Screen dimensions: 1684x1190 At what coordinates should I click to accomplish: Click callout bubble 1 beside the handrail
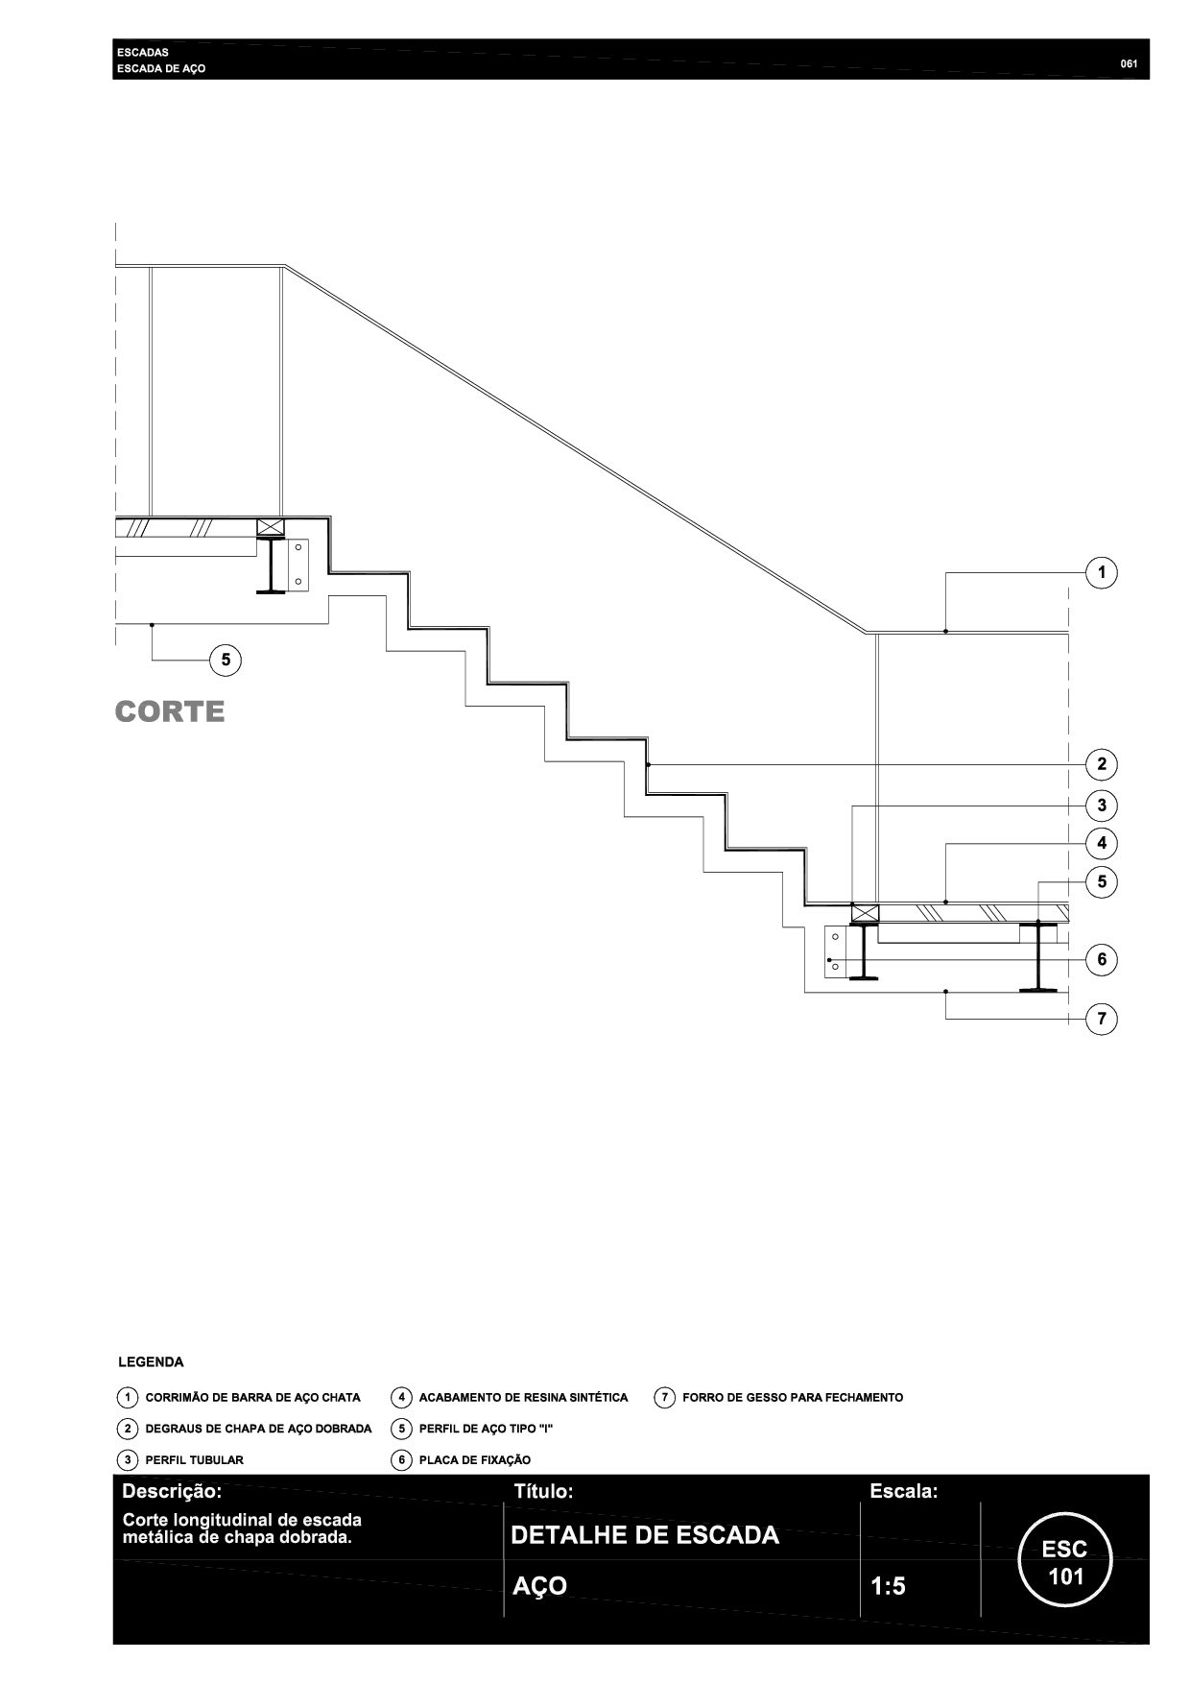coord(1101,573)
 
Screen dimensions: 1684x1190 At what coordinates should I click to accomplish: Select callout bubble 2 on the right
coord(1101,764)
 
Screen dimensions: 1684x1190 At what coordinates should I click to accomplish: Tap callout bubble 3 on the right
coord(1101,806)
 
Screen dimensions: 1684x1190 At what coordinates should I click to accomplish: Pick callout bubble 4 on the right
coord(1101,843)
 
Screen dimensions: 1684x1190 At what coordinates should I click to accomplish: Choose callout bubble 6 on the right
coord(1101,959)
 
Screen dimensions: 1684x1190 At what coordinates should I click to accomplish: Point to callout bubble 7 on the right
coord(1101,1019)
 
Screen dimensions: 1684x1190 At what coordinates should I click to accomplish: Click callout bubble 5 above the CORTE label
coord(226,660)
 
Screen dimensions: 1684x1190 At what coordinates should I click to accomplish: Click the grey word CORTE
coord(170,711)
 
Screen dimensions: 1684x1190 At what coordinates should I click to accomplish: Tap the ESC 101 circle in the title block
coord(1065,1561)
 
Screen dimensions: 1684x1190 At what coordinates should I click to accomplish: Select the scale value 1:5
coord(888,1586)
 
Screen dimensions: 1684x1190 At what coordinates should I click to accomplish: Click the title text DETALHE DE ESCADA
coord(645,1535)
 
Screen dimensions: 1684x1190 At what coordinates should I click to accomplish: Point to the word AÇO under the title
coord(539,1586)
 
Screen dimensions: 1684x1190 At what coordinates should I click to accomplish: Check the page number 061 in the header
coord(1129,64)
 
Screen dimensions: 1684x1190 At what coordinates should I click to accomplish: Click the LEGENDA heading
coord(151,1361)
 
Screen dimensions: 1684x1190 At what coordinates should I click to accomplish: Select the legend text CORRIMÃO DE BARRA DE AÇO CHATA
coord(252,1397)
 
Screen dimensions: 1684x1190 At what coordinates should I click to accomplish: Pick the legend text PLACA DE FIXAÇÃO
coord(474,1459)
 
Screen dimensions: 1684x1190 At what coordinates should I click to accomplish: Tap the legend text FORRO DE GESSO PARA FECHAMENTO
coord(792,1397)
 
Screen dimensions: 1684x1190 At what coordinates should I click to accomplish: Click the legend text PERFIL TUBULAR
coord(194,1459)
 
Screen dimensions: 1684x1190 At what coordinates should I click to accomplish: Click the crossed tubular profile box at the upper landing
coord(271,527)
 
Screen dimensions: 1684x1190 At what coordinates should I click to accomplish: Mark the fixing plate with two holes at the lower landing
coord(836,951)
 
